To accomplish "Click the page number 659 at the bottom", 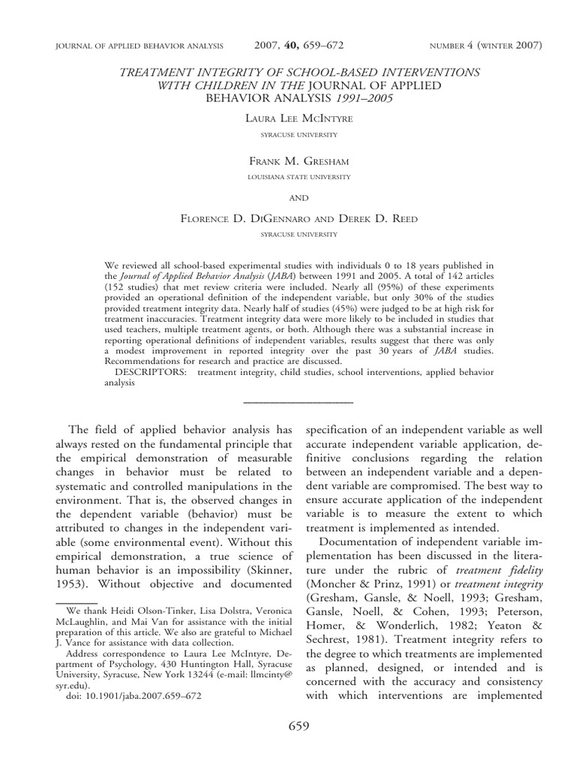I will [x=288, y=727].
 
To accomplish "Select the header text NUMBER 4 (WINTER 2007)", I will [x=484, y=46].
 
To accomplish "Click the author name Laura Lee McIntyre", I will [x=288, y=119].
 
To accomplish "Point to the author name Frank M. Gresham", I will [x=288, y=161].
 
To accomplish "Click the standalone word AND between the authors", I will [x=288, y=197].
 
